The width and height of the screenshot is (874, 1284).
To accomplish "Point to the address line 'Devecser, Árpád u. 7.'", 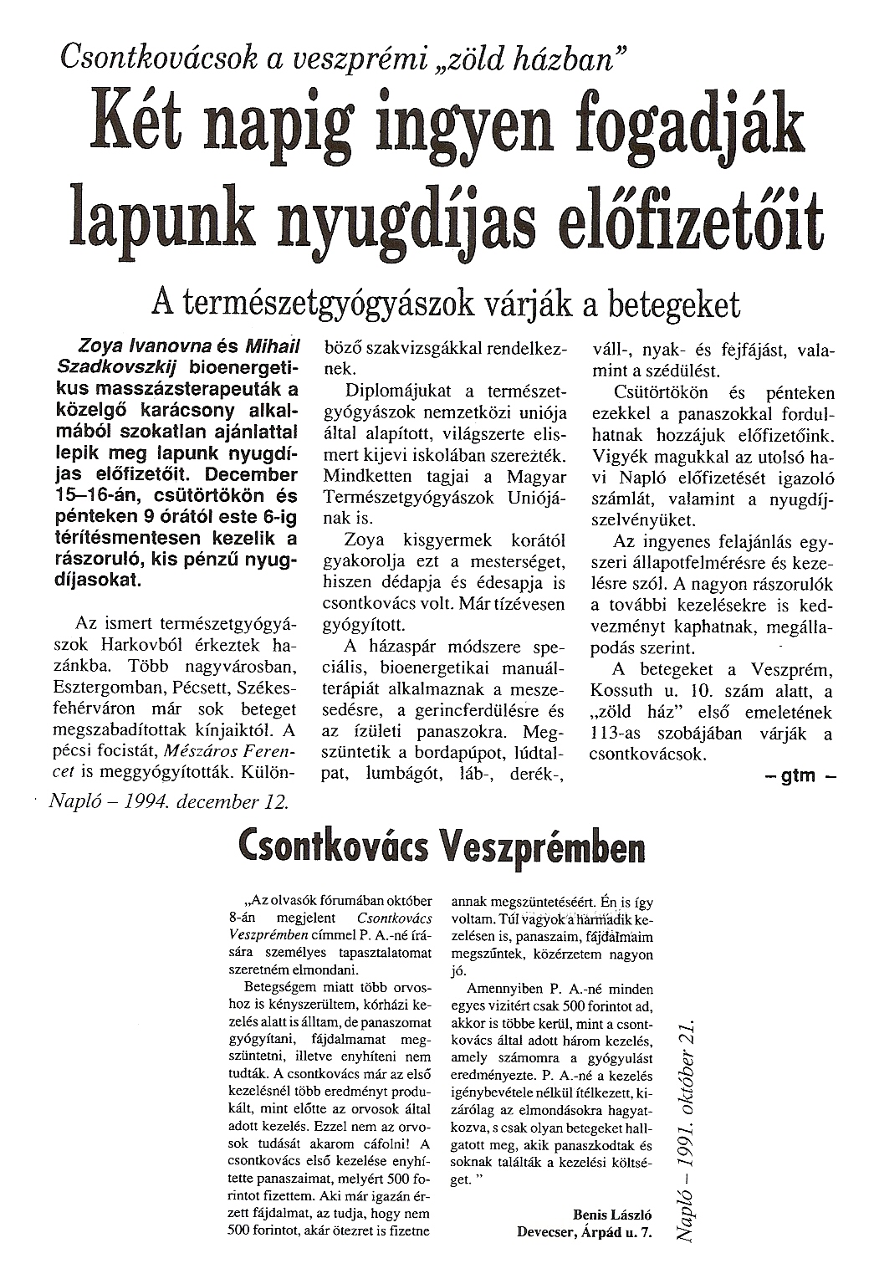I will (x=584, y=1230).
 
